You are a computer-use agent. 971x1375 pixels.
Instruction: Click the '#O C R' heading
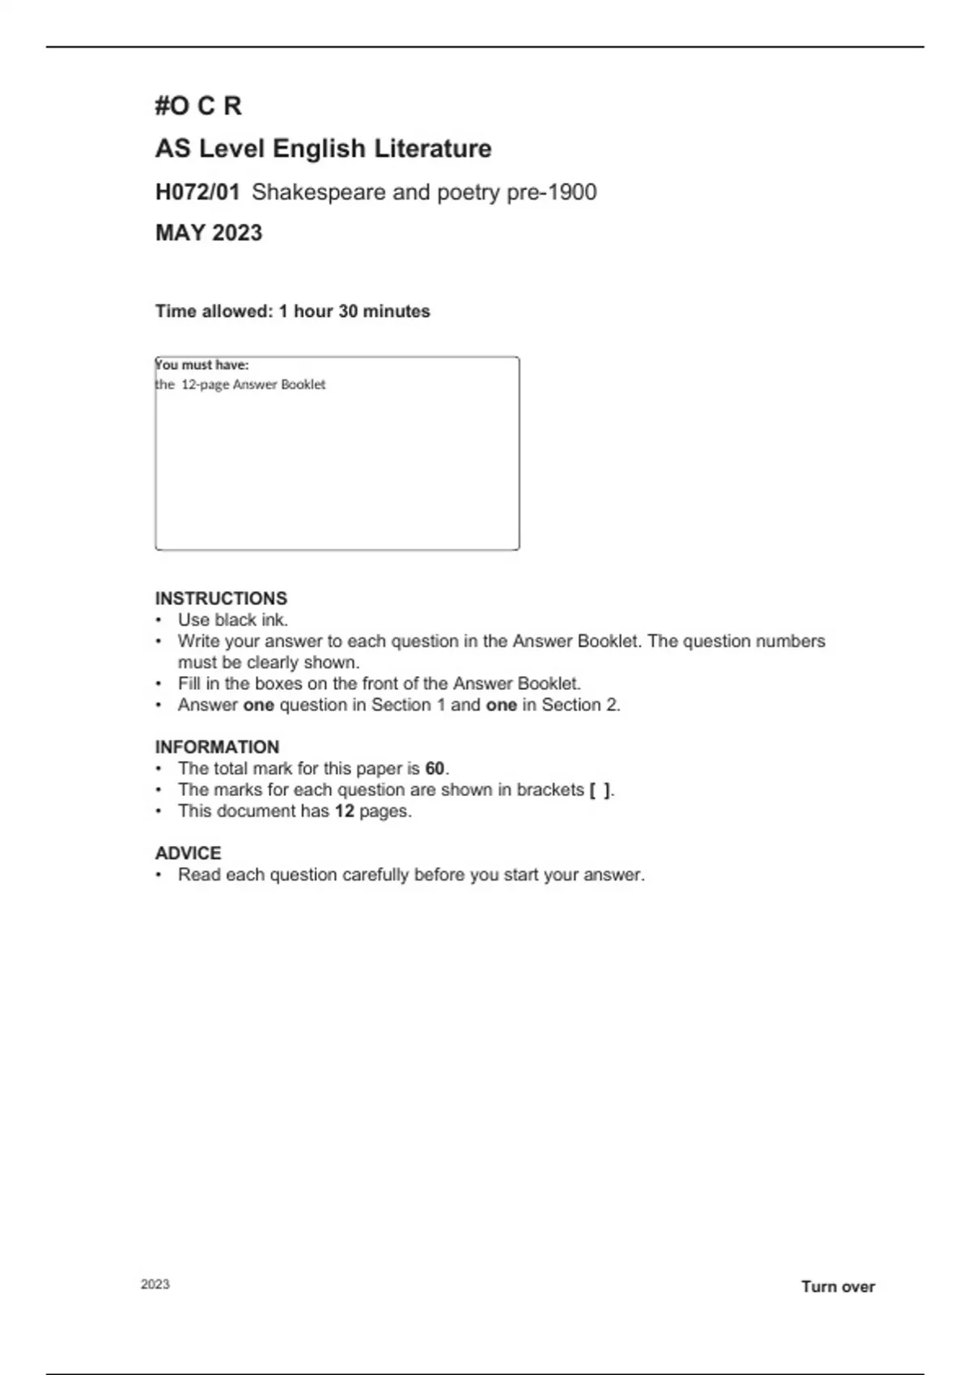pos(198,106)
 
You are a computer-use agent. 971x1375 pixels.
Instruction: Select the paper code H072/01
pos(197,192)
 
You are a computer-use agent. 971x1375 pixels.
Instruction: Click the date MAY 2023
pos(209,233)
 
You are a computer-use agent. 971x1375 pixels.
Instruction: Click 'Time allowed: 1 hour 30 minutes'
pos(292,311)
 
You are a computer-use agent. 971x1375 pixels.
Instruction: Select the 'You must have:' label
pos(202,365)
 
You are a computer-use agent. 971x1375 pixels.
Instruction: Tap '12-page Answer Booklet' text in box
pos(253,385)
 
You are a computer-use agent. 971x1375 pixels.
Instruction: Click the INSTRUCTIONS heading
pos(221,599)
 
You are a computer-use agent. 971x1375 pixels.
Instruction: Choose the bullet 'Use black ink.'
pos(233,620)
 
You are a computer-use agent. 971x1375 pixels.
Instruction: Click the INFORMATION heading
pos(217,747)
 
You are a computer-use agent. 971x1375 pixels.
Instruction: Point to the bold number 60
pos(435,768)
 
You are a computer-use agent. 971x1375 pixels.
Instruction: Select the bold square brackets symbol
pos(600,790)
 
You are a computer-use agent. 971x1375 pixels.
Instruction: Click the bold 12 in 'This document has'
pos(344,811)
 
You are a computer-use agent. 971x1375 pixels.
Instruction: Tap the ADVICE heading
pos(188,853)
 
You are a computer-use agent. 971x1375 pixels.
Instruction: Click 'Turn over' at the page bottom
pos(837,1287)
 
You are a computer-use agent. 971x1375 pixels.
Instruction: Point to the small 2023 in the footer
pos(155,1284)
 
